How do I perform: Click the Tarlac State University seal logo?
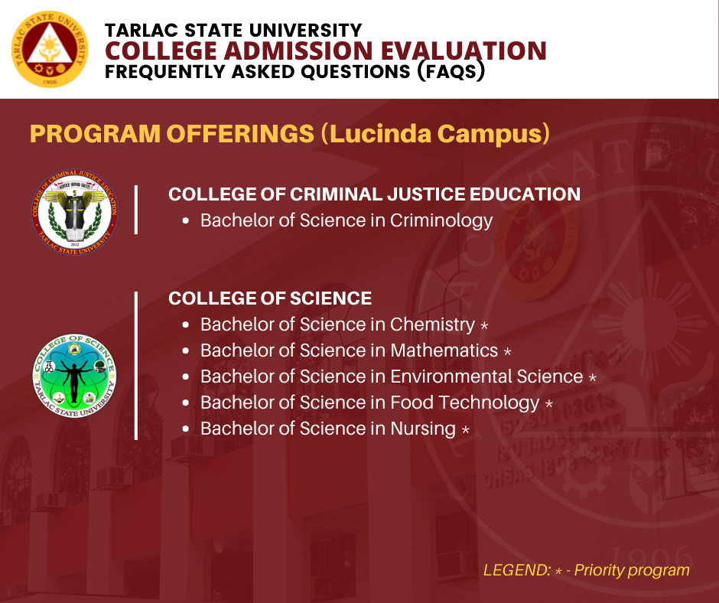pyautogui.click(x=50, y=49)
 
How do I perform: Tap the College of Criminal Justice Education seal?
pyautogui.click(x=74, y=211)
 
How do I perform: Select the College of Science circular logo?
pyautogui.click(x=74, y=376)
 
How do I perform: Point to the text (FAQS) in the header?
pyautogui.click(x=451, y=72)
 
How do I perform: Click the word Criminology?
pyautogui.click(x=441, y=220)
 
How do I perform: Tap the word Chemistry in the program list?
pyautogui.click(x=432, y=325)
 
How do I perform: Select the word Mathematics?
pyautogui.click(x=444, y=350)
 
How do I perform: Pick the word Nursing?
pyautogui.click(x=423, y=429)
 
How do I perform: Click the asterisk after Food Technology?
pyautogui.click(x=549, y=404)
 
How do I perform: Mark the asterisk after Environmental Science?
pyautogui.click(x=593, y=378)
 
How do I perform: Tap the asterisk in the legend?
pyautogui.click(x=558, y=572)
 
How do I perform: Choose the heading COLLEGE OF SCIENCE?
pyautogui.click(x=269, y=298)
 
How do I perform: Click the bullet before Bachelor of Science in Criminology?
pyautogui.click(x=185, y=220)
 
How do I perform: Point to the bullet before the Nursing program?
pyautogui.click(x=185, y=429)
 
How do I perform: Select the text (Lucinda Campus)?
pyautogui.click(x=434, y=134)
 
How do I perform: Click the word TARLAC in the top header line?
pyautogui.click(x=142, y=31)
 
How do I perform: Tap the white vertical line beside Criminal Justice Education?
pyautogui.click(x=136, y=210)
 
